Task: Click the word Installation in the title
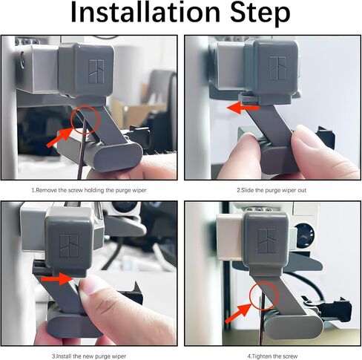pos(145,13)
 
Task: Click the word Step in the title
pos(260,13)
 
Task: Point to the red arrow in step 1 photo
pos(59,137)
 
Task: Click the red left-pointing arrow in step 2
pos(243,108)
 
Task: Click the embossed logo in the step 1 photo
pos(96,72)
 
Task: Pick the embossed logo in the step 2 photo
pos(278,68)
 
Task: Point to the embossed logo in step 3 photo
pos(69,246)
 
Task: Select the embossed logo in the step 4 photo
pos(267,240)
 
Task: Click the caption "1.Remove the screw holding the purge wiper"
pos(89,190)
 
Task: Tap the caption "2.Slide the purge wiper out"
pos(271,190)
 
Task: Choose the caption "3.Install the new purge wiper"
pos(89,356)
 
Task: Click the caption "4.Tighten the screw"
pos(272,356)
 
